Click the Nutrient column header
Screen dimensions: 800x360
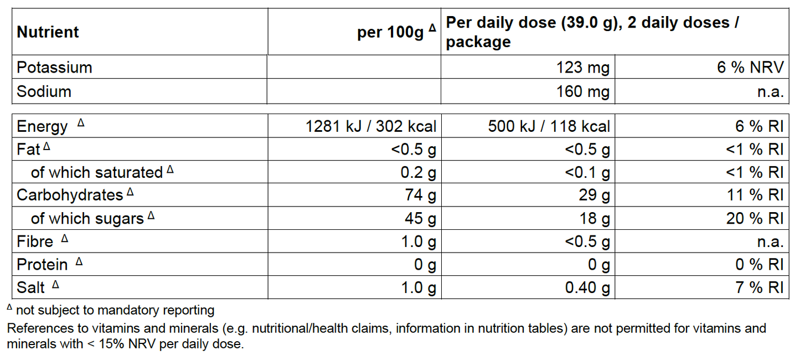coord(48,32)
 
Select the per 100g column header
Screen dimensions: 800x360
coord(396,32)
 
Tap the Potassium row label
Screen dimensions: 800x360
coord(54,68)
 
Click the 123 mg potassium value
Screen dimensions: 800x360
coord(583,68)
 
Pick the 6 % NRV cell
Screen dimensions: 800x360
coord(750,68)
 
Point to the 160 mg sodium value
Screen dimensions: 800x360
coord(583,91)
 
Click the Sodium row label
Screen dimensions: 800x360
coord(44,91)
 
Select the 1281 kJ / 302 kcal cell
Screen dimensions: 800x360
coord(371,126)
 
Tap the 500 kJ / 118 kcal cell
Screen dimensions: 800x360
coord(549,126)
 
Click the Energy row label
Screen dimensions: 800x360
coord(42,127)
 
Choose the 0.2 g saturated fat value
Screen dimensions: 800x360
coord(418,172)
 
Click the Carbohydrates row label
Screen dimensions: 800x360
coord(70,195)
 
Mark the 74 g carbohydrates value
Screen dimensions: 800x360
coord(420,195)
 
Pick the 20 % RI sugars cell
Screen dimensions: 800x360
coord(755,219)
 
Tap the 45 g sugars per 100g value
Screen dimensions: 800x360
coord(420,219)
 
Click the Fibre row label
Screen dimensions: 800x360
coord(35,242)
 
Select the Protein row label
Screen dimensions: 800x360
coord(42,265)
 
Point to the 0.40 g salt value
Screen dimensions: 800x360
coord(587,288)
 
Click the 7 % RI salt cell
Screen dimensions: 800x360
coord(760,288)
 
